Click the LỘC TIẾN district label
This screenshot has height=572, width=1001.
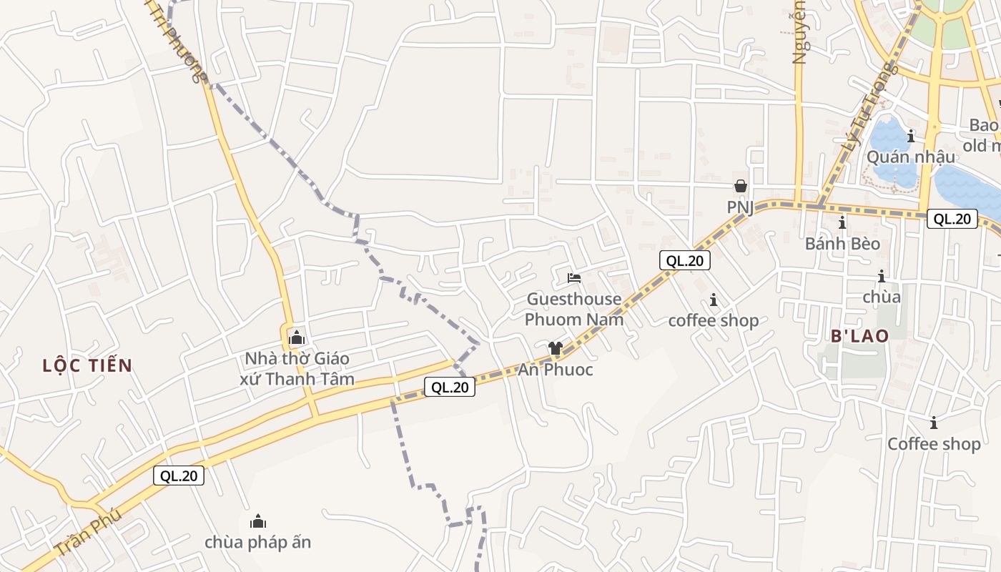point(87,366)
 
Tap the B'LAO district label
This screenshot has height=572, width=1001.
point(859,336)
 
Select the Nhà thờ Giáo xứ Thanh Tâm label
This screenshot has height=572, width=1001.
point(297,368)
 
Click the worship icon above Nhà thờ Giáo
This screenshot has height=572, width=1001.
point(296,338)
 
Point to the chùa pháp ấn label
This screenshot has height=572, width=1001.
point(257,542)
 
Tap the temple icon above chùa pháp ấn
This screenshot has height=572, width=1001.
point(257,521)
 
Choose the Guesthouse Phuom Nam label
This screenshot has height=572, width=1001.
point(575,309)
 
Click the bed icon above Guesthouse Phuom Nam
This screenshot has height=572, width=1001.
point(574,277)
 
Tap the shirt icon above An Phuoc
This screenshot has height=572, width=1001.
point(556,348)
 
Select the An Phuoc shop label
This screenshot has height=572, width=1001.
point(556,370)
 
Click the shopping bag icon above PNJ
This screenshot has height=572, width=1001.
point(740,186)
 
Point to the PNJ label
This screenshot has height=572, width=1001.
point(741,207)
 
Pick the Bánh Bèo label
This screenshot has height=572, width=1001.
point(842,244)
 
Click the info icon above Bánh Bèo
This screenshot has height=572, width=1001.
point(842,222)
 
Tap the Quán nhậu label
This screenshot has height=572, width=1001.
point(910,157)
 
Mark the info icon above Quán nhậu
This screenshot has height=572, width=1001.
point(910,136)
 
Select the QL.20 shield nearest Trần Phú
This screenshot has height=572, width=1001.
point(179,475)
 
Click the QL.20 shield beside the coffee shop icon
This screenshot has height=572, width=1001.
point(685,261)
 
